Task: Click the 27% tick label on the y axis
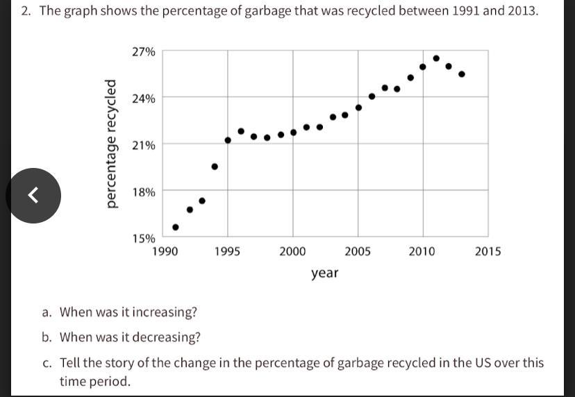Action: (x=144, y=51)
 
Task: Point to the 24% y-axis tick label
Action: (x=144, y=99)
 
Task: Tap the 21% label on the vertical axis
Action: (x=144, y=145)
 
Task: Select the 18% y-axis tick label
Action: (x=144, y=192)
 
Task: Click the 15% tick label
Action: (x=144, y=238)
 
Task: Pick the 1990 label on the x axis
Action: (x=165, y=251)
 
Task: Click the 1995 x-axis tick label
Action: (x=227, y=251)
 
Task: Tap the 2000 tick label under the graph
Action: (x=292, y=251)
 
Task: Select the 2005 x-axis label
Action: (x=358, y=251)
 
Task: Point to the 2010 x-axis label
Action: (x=422, y=251)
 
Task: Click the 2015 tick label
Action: (x=487, y=251)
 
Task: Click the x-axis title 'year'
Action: (x=325, y=273)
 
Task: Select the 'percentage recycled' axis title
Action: (x=110, y=144)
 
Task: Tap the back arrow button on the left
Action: (x=33, y=196)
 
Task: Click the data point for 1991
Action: (x=176, y=227)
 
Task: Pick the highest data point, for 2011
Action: (x=436, y=58)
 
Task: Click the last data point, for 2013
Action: (x=462, y=74)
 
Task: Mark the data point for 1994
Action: (x=215, y=167)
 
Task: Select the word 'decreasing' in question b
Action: (x=169, y=337)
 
